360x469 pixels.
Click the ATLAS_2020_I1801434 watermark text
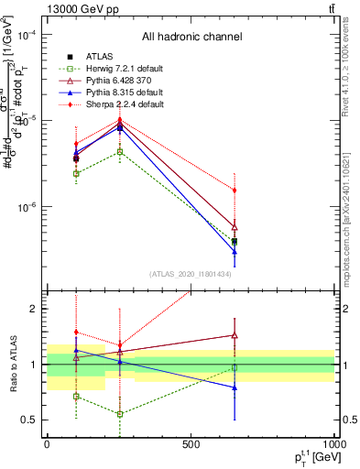click(189, 274)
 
